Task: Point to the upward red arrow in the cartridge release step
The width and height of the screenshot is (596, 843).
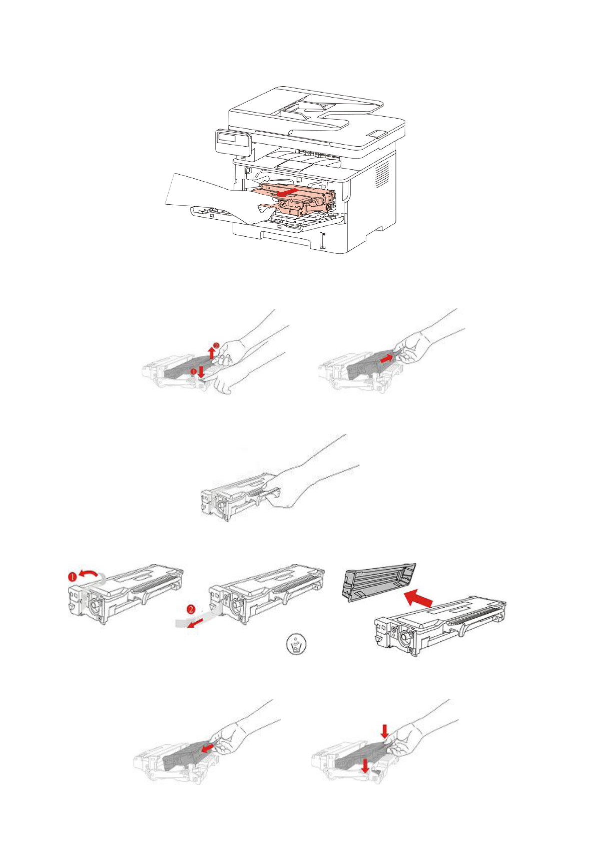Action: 212,353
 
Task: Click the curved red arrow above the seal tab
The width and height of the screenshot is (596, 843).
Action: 89,572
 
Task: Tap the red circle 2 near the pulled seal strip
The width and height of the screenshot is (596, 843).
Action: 192,609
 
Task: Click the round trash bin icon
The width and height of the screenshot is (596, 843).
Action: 296,644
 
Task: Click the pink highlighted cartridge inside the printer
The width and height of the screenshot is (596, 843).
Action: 296,199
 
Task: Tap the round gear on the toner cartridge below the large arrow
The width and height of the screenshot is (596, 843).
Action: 406,636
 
